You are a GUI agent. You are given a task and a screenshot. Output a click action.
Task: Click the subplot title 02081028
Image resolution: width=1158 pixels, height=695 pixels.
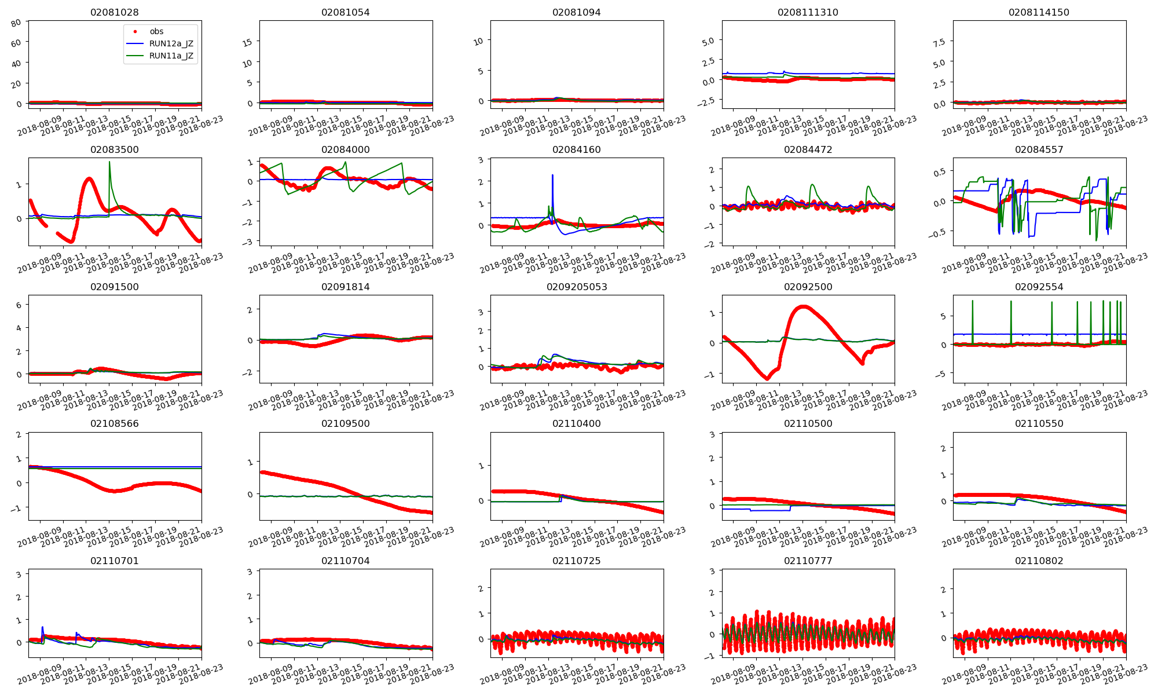tap(115, 12)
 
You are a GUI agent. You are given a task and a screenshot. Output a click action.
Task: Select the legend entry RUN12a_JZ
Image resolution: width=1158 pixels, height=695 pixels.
tap(171, 43)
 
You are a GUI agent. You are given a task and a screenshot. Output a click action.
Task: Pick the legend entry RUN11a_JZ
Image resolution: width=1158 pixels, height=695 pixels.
tap(171, 56)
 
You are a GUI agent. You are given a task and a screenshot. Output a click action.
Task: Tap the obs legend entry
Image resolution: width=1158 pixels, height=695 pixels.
tap(156, 31)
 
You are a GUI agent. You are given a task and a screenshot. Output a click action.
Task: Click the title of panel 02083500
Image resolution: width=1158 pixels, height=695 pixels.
tap(115, 149)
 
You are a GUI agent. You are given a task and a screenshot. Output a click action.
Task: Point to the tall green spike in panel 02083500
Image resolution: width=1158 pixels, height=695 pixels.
tap(109, 163)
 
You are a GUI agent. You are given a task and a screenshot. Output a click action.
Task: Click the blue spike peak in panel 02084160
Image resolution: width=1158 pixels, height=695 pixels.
tap(552, 175)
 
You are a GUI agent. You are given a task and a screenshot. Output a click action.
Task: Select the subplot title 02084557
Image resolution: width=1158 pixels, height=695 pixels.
tap(1039, 149)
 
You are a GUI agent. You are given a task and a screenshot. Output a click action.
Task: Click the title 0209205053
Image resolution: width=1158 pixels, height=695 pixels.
tap(577, 287)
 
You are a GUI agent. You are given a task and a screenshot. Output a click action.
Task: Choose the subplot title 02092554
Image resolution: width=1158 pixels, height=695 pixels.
tap(1039, 287)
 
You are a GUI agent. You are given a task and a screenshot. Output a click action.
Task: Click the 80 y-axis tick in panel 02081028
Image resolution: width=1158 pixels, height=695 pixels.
tap(16, 23)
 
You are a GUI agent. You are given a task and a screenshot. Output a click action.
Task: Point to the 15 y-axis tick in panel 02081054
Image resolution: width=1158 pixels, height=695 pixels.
tap(247, 42)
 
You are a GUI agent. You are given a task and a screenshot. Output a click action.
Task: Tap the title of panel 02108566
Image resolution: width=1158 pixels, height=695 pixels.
tap(115, 423)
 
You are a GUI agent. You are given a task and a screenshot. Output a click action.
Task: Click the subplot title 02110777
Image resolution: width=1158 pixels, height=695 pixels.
tap(808, 561)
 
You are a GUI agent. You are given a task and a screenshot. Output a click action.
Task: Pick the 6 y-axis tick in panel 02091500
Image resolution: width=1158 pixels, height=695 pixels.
tap(19, 305)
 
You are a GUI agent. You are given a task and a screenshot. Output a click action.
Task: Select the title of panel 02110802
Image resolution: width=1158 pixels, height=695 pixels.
tap(1039, 561)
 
